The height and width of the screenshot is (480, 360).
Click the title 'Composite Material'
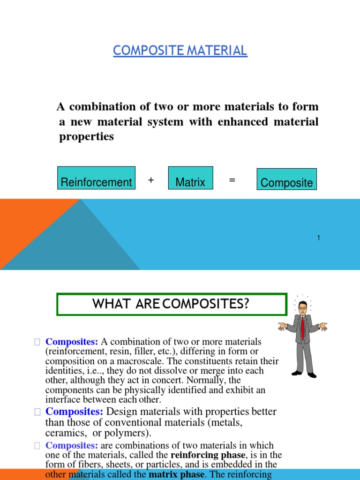click(x=180, y=50)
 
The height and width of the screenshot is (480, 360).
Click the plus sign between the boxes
click(x=151, y=180)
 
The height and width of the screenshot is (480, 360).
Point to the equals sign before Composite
click(x=232, y=180)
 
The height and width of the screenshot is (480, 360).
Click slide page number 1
click(x=318, y=238)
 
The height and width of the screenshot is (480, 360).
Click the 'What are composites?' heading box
click(x=171, y=304)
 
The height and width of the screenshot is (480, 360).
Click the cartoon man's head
click(x=303, y=307)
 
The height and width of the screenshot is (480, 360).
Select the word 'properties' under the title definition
click(x=86, y=137)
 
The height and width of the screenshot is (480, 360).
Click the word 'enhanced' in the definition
click(x=242, y=122)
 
